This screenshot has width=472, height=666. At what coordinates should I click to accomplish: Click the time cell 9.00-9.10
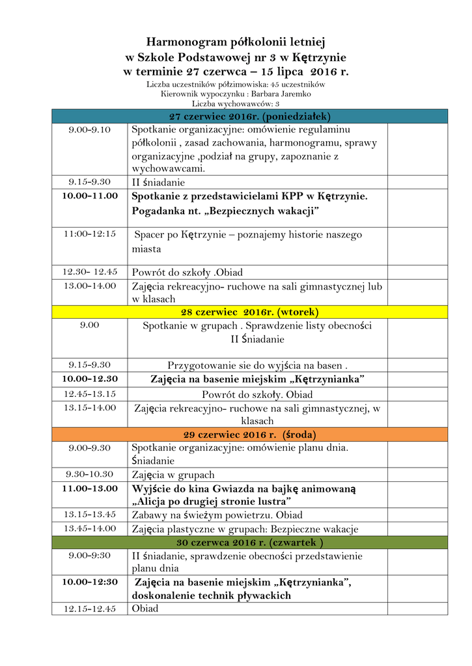90,129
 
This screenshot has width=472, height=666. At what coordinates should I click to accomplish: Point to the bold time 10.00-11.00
90,195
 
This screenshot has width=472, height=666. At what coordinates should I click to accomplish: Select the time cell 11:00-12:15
90,233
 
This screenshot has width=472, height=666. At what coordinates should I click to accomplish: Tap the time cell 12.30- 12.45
90,272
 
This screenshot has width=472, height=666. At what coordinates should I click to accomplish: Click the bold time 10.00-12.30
90,378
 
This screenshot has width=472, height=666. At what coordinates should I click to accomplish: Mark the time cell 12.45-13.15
90,393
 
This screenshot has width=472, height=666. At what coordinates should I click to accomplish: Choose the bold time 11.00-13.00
90,488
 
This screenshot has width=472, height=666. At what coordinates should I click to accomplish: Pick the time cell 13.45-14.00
90,528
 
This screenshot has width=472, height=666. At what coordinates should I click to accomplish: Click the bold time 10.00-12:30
90,581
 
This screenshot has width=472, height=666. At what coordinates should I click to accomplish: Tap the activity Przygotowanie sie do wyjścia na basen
257,365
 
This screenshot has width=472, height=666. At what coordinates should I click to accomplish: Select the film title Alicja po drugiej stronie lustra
212,501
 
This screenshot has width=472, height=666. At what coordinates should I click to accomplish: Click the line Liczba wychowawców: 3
236,103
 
